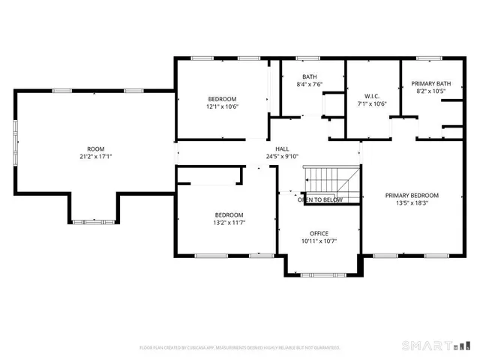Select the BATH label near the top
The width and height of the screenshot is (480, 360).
tap(310, 76)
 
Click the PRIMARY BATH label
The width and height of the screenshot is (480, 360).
tap(431, 83)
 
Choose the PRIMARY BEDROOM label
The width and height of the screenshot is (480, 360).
tap(412, 195)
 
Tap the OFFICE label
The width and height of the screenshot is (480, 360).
tap(319, 233)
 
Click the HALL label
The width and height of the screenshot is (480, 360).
tap(282, 148)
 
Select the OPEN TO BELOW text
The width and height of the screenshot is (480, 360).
tap(320, 200)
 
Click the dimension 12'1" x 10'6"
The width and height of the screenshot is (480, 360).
tap(222, 106)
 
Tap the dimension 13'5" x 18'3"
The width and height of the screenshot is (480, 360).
tap(412, 202)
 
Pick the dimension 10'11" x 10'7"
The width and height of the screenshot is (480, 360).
tap(319, 241)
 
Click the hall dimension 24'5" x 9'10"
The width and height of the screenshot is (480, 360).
tap(282, 156)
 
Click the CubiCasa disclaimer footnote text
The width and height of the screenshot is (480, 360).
tap(240, 347)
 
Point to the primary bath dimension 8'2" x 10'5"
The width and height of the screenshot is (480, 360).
tap(431, 91)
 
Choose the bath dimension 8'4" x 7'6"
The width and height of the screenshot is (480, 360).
tap(310, 84)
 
